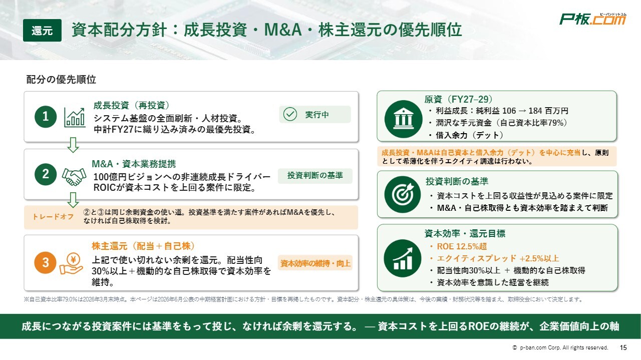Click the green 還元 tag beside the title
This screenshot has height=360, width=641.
point(42,31)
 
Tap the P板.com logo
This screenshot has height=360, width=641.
point(592,19)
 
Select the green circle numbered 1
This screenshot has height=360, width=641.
point(46,117)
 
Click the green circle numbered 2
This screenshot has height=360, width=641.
point(46,174)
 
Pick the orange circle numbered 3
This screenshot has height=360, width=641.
point(45,263)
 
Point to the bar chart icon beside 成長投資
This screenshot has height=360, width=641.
point(75,117)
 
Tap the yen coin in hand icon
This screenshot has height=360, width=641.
point(72,263)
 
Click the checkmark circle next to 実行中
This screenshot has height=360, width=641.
point(290,115)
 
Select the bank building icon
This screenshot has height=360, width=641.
point(403,119)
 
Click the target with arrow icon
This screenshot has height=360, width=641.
point(403,195)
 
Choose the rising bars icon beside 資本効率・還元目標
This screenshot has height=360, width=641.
point(403,258)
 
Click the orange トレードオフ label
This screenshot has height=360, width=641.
point(53,217)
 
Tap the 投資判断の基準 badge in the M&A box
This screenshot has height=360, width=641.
point(315,175)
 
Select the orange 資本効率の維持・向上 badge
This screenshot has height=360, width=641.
point(315,263)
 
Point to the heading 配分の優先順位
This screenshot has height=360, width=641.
point(61,80)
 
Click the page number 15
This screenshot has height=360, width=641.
point(623,347)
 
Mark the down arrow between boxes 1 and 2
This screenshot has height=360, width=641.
point(73,145)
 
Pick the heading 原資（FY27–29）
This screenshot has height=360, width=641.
point(458,99)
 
